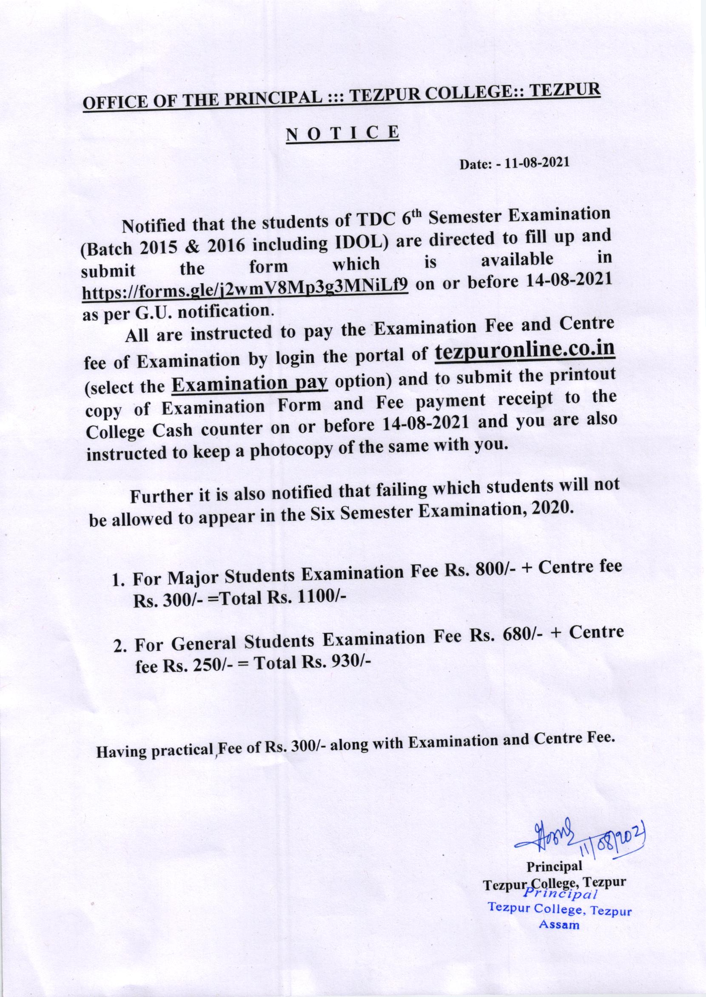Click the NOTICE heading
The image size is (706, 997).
coord(342,132)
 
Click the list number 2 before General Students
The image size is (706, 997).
coord(118,647)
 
